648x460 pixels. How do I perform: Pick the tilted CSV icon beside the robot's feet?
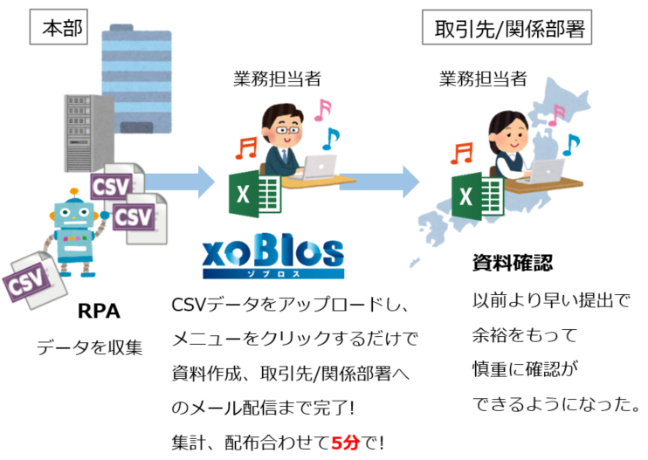28,278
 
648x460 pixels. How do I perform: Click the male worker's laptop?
321,166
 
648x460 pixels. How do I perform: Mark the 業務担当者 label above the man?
277,79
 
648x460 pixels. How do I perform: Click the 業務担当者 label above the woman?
483,79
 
